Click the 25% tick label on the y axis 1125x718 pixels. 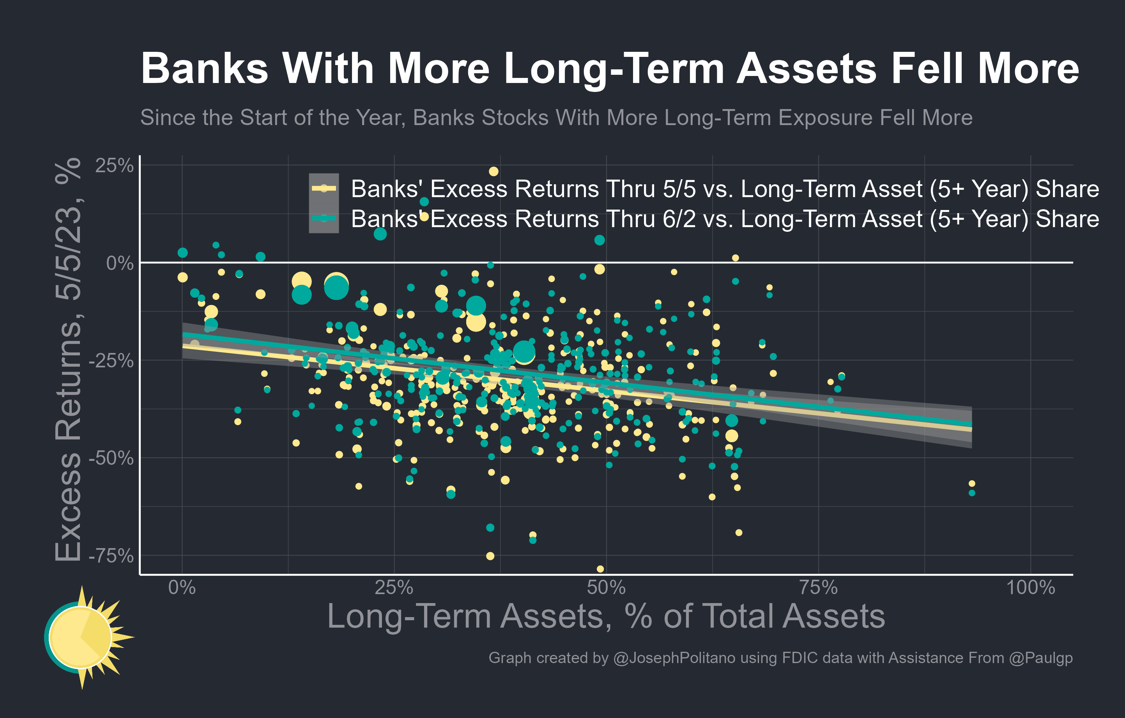click(114, 166)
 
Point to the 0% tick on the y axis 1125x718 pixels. click(120, 263)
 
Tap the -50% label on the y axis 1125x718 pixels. click(111, 459)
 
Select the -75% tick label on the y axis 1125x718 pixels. click(111, 556)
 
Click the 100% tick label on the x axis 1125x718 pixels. click(1030, 587)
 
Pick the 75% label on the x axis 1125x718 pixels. click(818, 587)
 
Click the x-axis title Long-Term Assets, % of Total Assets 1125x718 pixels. click(606, 616)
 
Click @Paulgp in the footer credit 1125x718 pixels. click(1040, 658)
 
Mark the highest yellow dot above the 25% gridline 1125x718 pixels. click(494, 171)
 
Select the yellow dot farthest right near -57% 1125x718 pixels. click(972, 483)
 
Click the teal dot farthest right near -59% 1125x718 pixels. click(972, 493)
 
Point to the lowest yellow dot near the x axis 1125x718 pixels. click(600, 569)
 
